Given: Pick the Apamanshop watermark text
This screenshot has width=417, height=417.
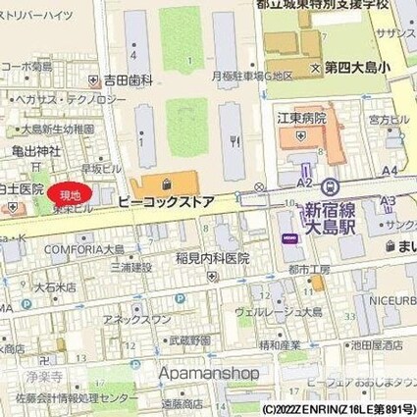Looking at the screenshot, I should (210, 373).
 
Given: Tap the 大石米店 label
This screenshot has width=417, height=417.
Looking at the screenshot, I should (55, 287).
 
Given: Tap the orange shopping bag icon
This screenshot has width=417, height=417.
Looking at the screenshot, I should (165, 182).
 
